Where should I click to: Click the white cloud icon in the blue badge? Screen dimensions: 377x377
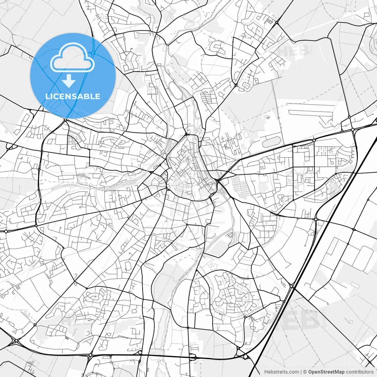72,57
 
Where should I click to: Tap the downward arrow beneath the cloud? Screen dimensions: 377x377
69,81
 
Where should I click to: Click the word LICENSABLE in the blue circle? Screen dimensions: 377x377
73,96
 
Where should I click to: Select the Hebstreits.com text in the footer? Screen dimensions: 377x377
281,372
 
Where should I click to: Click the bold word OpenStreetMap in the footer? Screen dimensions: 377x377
326,372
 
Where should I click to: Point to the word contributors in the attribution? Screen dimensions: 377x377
360,372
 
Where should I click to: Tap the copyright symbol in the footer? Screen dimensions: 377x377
305,372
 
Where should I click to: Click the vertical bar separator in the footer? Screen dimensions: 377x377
301,372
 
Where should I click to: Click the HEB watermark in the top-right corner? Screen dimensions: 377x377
293,51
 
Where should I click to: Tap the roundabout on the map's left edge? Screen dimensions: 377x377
6,232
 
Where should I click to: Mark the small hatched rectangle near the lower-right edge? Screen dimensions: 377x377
355,285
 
